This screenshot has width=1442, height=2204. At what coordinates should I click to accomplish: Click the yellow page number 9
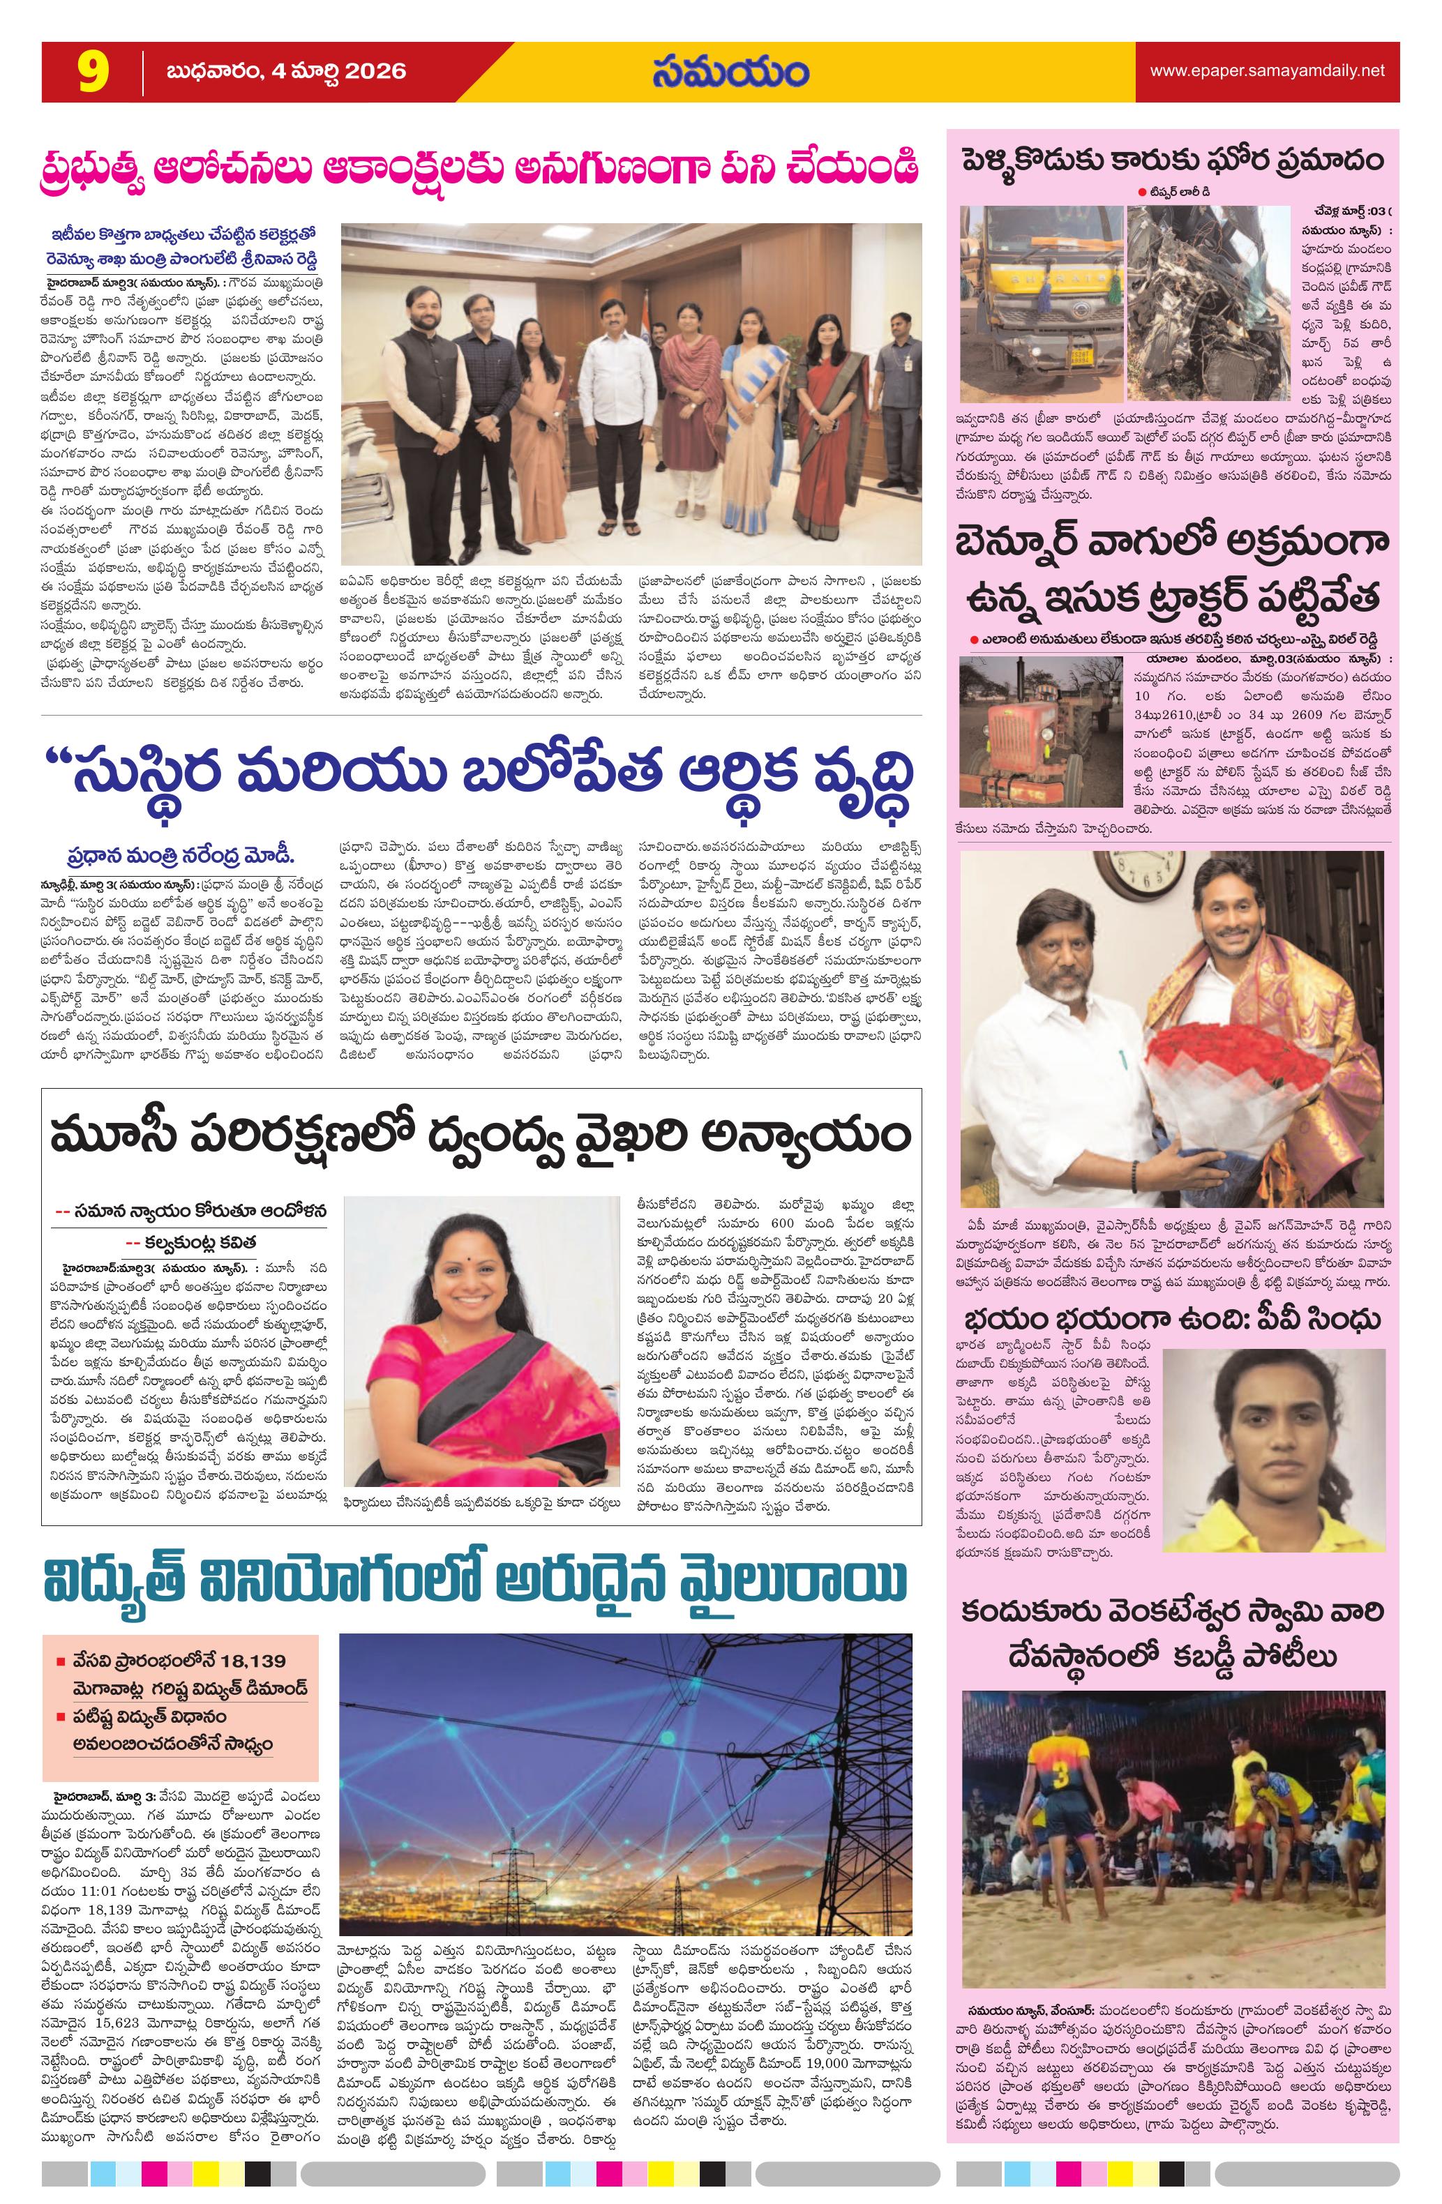pyautogui.click(x=93, y=71)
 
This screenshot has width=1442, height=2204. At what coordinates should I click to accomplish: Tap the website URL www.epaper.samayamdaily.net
pyautogui.click(x=1267, y=71)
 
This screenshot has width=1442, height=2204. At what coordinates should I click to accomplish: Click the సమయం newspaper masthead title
pyautogui.click(x=729, y=71)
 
